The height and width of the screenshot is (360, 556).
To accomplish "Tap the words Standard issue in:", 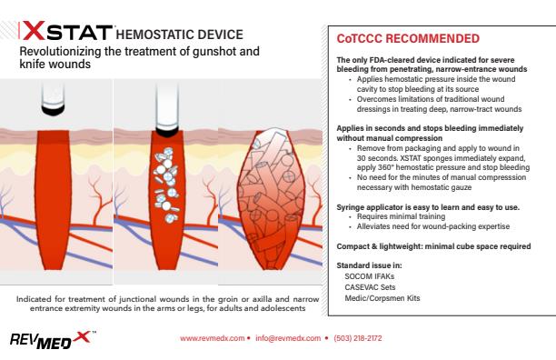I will pyautogui.click(x=357, y=263).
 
